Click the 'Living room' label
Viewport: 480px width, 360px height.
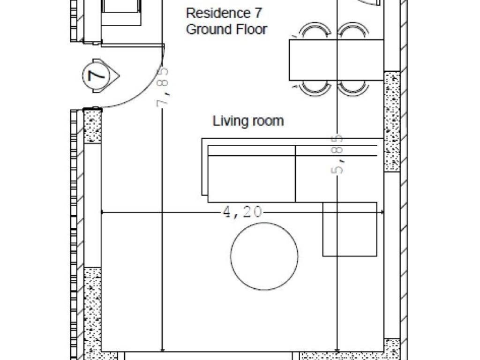tap(248, 121)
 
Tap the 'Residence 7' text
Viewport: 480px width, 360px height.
tap(224, 13)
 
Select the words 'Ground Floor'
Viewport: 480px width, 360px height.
tap(226, 30)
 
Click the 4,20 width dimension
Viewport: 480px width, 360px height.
tap(242, 212)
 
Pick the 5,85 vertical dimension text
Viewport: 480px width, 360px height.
tap(337, 154)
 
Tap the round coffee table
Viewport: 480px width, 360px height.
tap(264, 256)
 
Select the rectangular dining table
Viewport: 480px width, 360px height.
tap(337, 60)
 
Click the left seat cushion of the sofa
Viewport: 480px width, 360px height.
tap(251, 179)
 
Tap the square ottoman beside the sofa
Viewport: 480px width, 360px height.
tap(350, 229)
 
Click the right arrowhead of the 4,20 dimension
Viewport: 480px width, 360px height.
tap(382, 212)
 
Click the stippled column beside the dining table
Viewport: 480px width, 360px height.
tap(392, 121)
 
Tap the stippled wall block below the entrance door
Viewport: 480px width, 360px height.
tap(92, 126)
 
